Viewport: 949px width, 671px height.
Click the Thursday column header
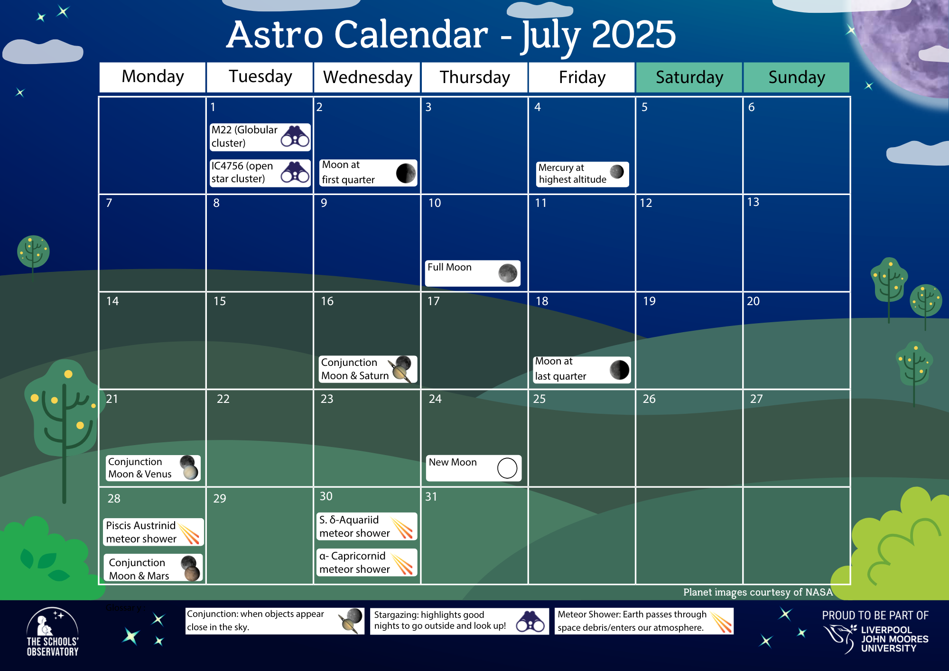(x=474, y=77)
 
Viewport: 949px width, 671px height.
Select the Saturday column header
(x=689, y=77)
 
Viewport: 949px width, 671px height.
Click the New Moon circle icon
(x=507, y=468)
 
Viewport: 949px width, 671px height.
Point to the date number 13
(x=753, y=202)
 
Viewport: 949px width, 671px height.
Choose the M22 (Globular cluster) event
(x=260, y=137)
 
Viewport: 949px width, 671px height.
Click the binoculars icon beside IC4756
(x=295, y=172)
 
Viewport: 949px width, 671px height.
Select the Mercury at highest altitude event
(x=583, y=174)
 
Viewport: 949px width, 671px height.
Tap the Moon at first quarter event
(x=368, y=173)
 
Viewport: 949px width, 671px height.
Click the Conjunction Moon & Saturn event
(x=368, y=369)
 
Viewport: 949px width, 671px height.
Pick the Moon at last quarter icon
(x=619, y=370)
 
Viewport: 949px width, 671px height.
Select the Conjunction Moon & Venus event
(x=153, y=468)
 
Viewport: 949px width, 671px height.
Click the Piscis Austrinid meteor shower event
(x=154, y=532)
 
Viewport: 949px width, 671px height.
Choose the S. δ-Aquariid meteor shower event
(x=367, y=526)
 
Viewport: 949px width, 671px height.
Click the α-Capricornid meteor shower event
(x=367, y=562)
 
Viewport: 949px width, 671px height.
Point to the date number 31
(x=431, y=497)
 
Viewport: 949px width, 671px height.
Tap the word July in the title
(x=551, y=36)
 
